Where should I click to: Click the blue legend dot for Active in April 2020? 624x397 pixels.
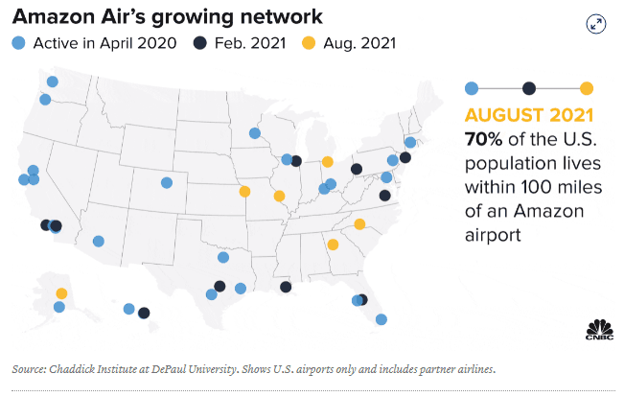tap(19, 43)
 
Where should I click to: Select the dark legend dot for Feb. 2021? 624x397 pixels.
tap(200, 43)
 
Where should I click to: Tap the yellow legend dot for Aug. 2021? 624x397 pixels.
tap(309, 43)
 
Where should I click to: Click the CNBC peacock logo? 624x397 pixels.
tap(599, 329)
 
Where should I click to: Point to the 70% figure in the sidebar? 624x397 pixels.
tap(483, 137)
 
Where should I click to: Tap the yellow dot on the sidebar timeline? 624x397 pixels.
tap(586, 88)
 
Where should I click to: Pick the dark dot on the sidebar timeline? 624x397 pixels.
tap(528, 88)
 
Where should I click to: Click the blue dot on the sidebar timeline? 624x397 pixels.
tap(471, 88)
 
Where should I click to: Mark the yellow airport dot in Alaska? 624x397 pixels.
tap(61, 293)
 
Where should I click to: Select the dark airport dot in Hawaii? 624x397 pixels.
tap(144, 313)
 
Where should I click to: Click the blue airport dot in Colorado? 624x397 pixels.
tap(167, 182)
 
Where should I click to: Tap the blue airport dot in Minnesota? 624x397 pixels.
tap(254, 133)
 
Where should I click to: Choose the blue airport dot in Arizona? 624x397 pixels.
tap(98, 241)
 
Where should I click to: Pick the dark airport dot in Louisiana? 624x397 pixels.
tap(286, 287)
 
